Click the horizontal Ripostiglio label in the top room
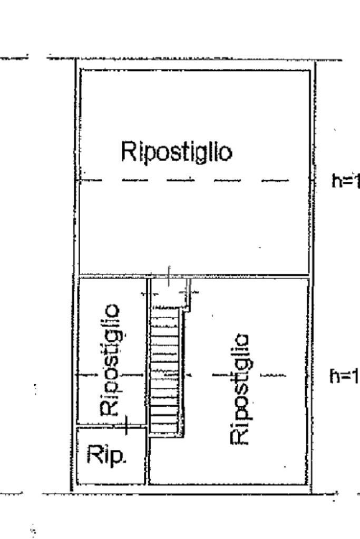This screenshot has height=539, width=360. pos(176,151)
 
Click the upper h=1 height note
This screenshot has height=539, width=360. pos(346,181)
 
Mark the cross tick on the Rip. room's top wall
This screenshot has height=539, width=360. pos(126,425)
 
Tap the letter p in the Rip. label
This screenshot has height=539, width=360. pos(118,456)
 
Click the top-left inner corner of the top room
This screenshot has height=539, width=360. pos(81,71)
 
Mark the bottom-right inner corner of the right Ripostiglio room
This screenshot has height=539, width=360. pos(307,483)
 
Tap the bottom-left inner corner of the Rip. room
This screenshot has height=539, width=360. pos(78,482)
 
